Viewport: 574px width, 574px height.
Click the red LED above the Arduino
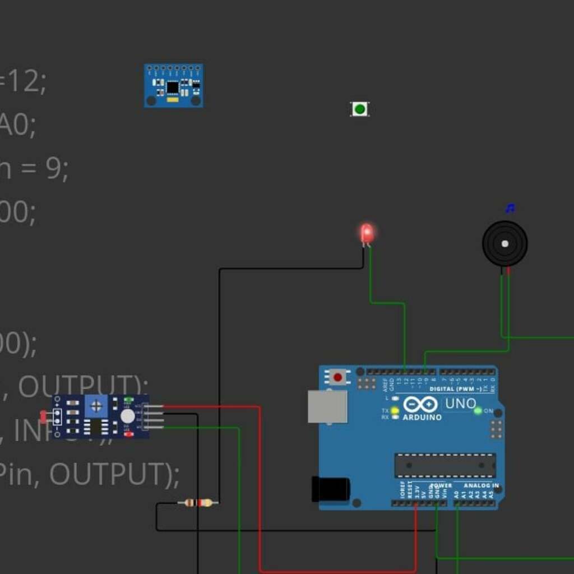(x=367, y=233)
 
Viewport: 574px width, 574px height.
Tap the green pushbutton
(x=359, y=109)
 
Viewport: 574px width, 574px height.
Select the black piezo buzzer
(x=504, y=243)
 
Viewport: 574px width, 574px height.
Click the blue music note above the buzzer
(x=510, y=209)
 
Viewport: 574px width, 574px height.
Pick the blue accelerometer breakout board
(x=173, y=86)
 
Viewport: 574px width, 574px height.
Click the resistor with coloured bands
(x=198, y=503)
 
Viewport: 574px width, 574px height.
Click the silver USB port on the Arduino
(x=327, y=406)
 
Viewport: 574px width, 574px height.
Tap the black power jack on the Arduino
(x=330, y=489)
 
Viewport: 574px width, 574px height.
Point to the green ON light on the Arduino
(x=478, y=411)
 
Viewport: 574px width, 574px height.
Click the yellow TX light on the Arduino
(x=395, y=411)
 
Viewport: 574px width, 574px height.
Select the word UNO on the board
(x=460, y=403)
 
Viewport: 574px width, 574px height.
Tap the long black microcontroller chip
(x=445, y=465)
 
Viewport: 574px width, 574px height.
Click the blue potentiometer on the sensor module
(x=96, y=406)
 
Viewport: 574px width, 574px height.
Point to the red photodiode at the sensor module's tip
(x=44, y=416)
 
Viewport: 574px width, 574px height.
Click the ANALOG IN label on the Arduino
(x=481, y=485)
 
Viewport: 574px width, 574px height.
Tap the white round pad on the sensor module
(x=128, y=416)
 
